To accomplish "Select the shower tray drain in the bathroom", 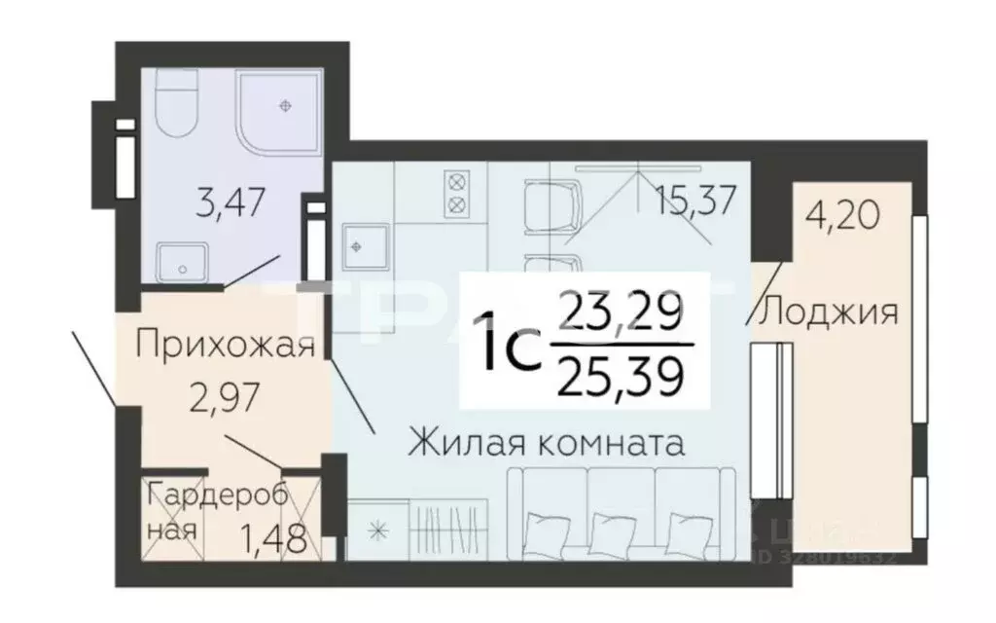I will coord(285,104).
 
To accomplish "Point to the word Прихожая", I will coord(226,346).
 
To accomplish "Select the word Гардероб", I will coord(218,495).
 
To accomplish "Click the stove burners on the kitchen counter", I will coord(455,193).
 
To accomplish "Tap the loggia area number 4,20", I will coord(843,211).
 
